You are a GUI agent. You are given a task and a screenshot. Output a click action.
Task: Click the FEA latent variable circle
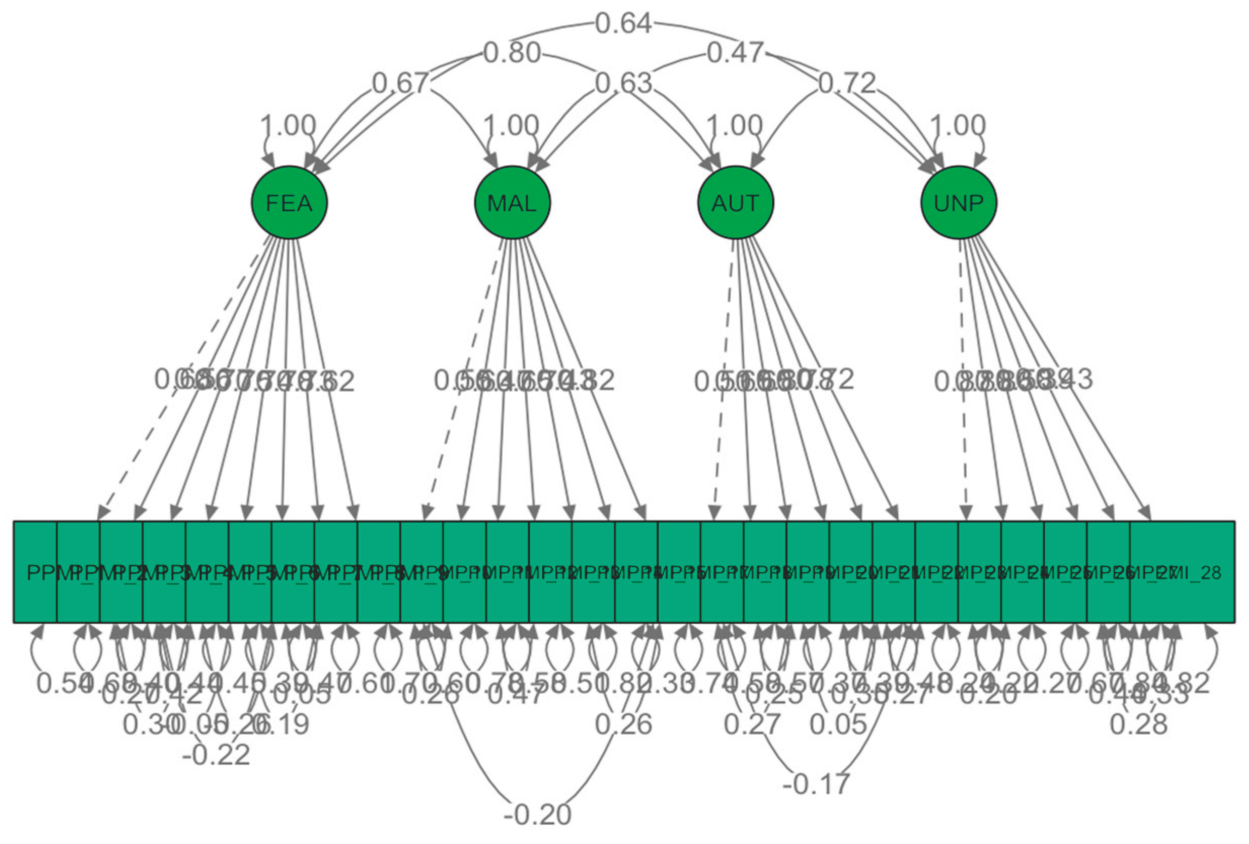coord(289,203)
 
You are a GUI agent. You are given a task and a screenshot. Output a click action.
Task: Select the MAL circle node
coord(512,203)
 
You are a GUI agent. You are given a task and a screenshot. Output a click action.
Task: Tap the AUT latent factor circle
coord(735,203)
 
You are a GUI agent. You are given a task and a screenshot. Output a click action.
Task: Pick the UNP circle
coord(959,203)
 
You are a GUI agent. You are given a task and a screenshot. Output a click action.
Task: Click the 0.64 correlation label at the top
coord(623,24)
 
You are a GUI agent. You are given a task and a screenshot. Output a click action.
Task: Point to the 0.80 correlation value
coord(512,53)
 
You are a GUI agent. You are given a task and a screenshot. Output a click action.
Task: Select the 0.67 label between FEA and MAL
coord(400,83)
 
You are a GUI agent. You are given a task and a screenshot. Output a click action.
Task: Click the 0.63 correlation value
coord(623,83)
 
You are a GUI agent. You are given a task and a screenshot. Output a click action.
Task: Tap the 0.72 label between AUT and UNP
coord(847,83)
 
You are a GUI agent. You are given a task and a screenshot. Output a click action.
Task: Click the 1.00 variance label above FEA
coord(288,126)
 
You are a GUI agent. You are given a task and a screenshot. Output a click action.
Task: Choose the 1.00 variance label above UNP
coord(958,126)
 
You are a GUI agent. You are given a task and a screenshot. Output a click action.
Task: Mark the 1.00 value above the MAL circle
coord(511,126)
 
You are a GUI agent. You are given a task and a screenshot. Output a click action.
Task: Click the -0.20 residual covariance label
coord(538,815)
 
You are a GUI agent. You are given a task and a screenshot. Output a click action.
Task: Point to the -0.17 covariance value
coord(816,784)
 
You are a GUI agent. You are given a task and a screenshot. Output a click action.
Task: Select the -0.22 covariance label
coord(216,754)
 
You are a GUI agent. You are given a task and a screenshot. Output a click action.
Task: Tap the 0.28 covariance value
coord(1139,724)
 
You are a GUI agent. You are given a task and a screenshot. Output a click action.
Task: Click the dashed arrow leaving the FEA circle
coord(183,376)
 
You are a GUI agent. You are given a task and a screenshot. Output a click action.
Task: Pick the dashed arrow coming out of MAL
coord(463,376)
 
